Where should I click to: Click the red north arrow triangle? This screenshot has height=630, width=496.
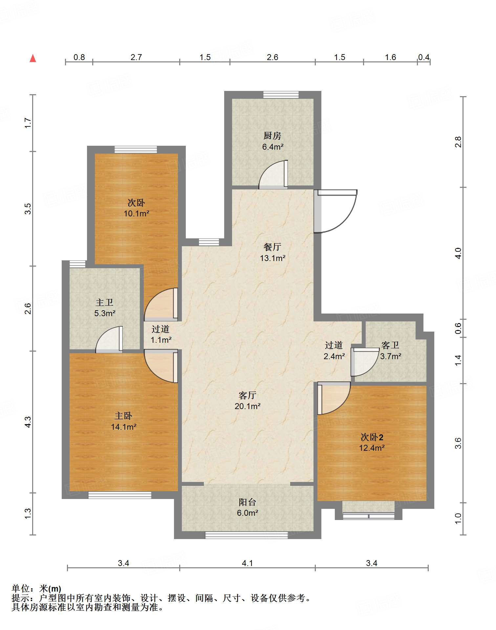point(33,58)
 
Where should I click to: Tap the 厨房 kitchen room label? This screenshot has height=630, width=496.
point(272,136)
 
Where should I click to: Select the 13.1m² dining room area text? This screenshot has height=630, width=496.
point(273,258)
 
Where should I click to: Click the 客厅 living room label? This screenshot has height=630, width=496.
point(248,395)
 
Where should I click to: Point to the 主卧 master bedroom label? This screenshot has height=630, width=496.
point(123,416)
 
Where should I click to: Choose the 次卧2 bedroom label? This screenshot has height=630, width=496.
point(372,437)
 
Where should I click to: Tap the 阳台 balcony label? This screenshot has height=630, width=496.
point(248,502)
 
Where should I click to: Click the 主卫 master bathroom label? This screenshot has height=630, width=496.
point(105,302)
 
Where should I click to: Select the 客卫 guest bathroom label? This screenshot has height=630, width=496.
point(391,345)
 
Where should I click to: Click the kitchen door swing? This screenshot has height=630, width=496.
point(273,174)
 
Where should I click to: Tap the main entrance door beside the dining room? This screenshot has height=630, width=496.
point(335,211)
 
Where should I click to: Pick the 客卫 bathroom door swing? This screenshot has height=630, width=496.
point(365,362)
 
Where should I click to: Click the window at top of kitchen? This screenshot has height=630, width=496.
point(281,95)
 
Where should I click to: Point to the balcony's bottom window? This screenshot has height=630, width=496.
point(247,535)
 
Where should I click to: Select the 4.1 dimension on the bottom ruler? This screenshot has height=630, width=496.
point(248,563)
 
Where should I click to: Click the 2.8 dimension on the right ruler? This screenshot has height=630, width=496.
point(458,142)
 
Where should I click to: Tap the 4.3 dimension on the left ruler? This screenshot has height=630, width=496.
point(28,422)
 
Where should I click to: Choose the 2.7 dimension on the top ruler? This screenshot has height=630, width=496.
point(136,57)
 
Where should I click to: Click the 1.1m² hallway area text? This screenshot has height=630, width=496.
point(161,340)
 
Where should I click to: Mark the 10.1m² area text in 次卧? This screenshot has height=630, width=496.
point(137,213)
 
